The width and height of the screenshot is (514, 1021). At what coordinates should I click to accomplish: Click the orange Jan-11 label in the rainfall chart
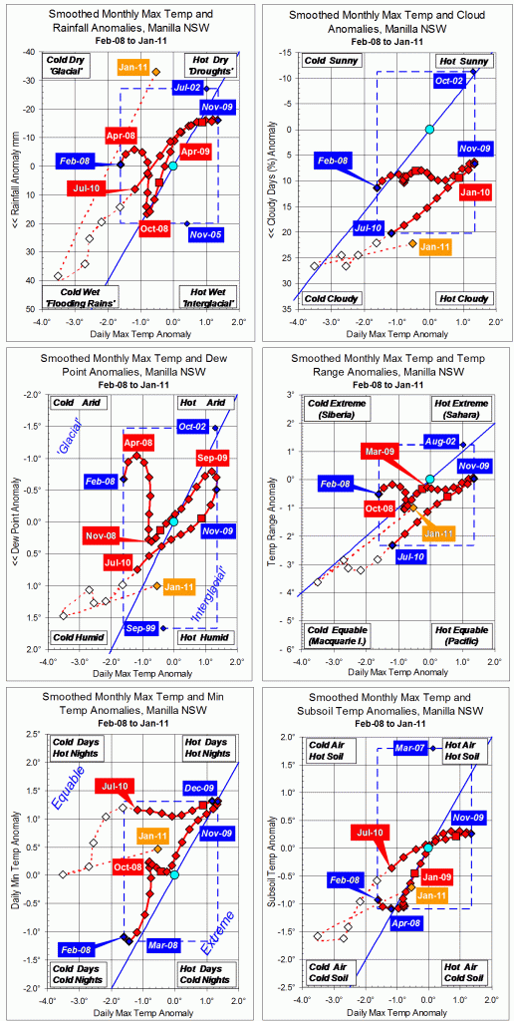(133, 67)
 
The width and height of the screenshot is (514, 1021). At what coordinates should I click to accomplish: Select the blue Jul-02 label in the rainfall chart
(186, 88)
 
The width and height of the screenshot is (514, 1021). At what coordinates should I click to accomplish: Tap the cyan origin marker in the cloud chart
(429, 130)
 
